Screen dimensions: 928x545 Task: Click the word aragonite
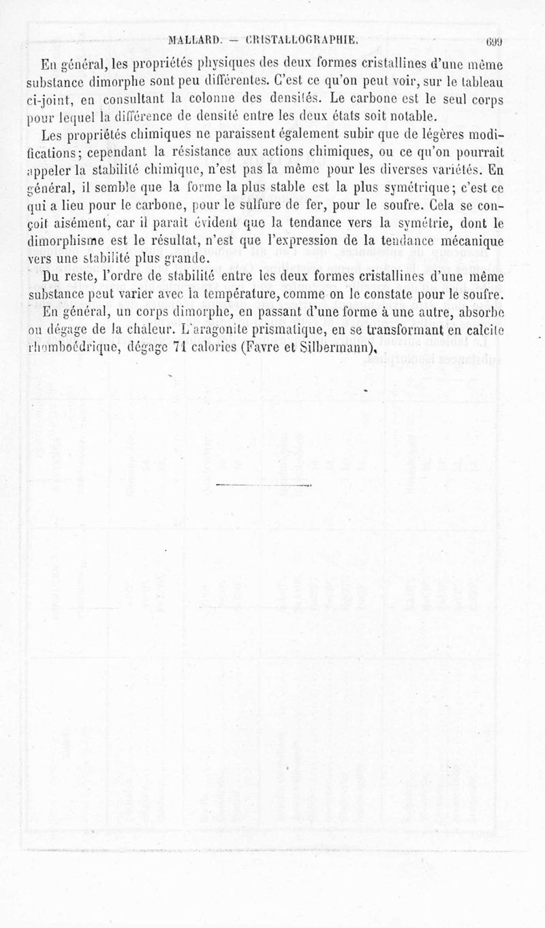pos(219,331)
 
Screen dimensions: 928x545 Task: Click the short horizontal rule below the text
pos(263,486)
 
